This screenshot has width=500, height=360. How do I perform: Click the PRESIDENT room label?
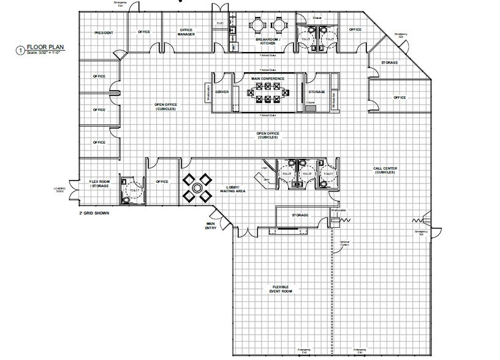[103, 32]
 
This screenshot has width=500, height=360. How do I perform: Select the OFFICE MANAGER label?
[186, 32]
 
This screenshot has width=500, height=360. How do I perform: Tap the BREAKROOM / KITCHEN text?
[267, 41]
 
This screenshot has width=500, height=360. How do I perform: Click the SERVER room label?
[222, 92]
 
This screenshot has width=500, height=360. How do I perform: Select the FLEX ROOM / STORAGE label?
[99, 183]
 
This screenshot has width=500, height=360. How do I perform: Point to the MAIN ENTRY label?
[210, 227]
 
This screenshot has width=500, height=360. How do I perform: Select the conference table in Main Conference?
[267, 94]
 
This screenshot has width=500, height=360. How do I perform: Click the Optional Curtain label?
[345, 243]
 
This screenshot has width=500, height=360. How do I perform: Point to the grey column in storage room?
[311, 108]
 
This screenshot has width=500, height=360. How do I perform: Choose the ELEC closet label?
[219, 23]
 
